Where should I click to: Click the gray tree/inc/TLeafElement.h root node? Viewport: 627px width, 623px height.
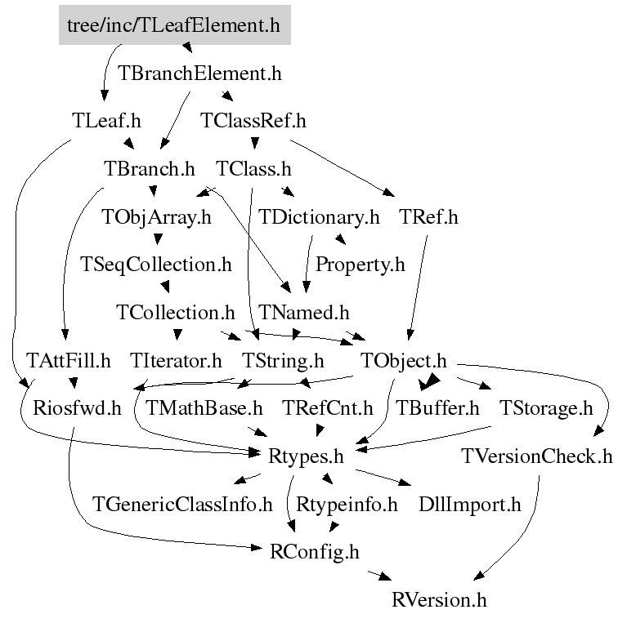[x=174, y=25]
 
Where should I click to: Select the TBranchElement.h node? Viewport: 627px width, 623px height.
[x=199, y=73]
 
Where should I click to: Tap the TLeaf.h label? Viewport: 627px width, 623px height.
[x=106, y=122]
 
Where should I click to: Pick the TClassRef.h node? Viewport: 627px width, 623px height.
[x=253, y=122]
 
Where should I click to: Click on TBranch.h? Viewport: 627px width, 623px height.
[x=150, y=170]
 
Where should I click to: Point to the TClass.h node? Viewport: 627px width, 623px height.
[x=253, y=170]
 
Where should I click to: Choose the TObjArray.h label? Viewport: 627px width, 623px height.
[x=156, y=218]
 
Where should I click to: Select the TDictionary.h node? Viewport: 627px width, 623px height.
[x=320, y=218]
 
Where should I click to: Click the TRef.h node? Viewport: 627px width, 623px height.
[x=429, y=218]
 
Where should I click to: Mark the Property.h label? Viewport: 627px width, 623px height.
[x=361, y=265]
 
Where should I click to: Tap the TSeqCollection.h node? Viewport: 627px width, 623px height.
[x=156, y=265]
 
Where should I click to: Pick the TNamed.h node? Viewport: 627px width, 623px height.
[x=303, y=313]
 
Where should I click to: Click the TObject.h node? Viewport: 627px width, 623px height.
[x=404, y=361]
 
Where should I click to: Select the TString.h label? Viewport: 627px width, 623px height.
[x=283, y=361]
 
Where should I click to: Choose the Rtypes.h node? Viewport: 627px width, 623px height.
[x=305, y=456]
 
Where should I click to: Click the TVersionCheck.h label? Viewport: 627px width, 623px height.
[x=536, y=456]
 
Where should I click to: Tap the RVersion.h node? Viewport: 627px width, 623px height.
[x=439, y=600]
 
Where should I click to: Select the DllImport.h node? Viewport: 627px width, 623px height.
[x=469, y=505]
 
